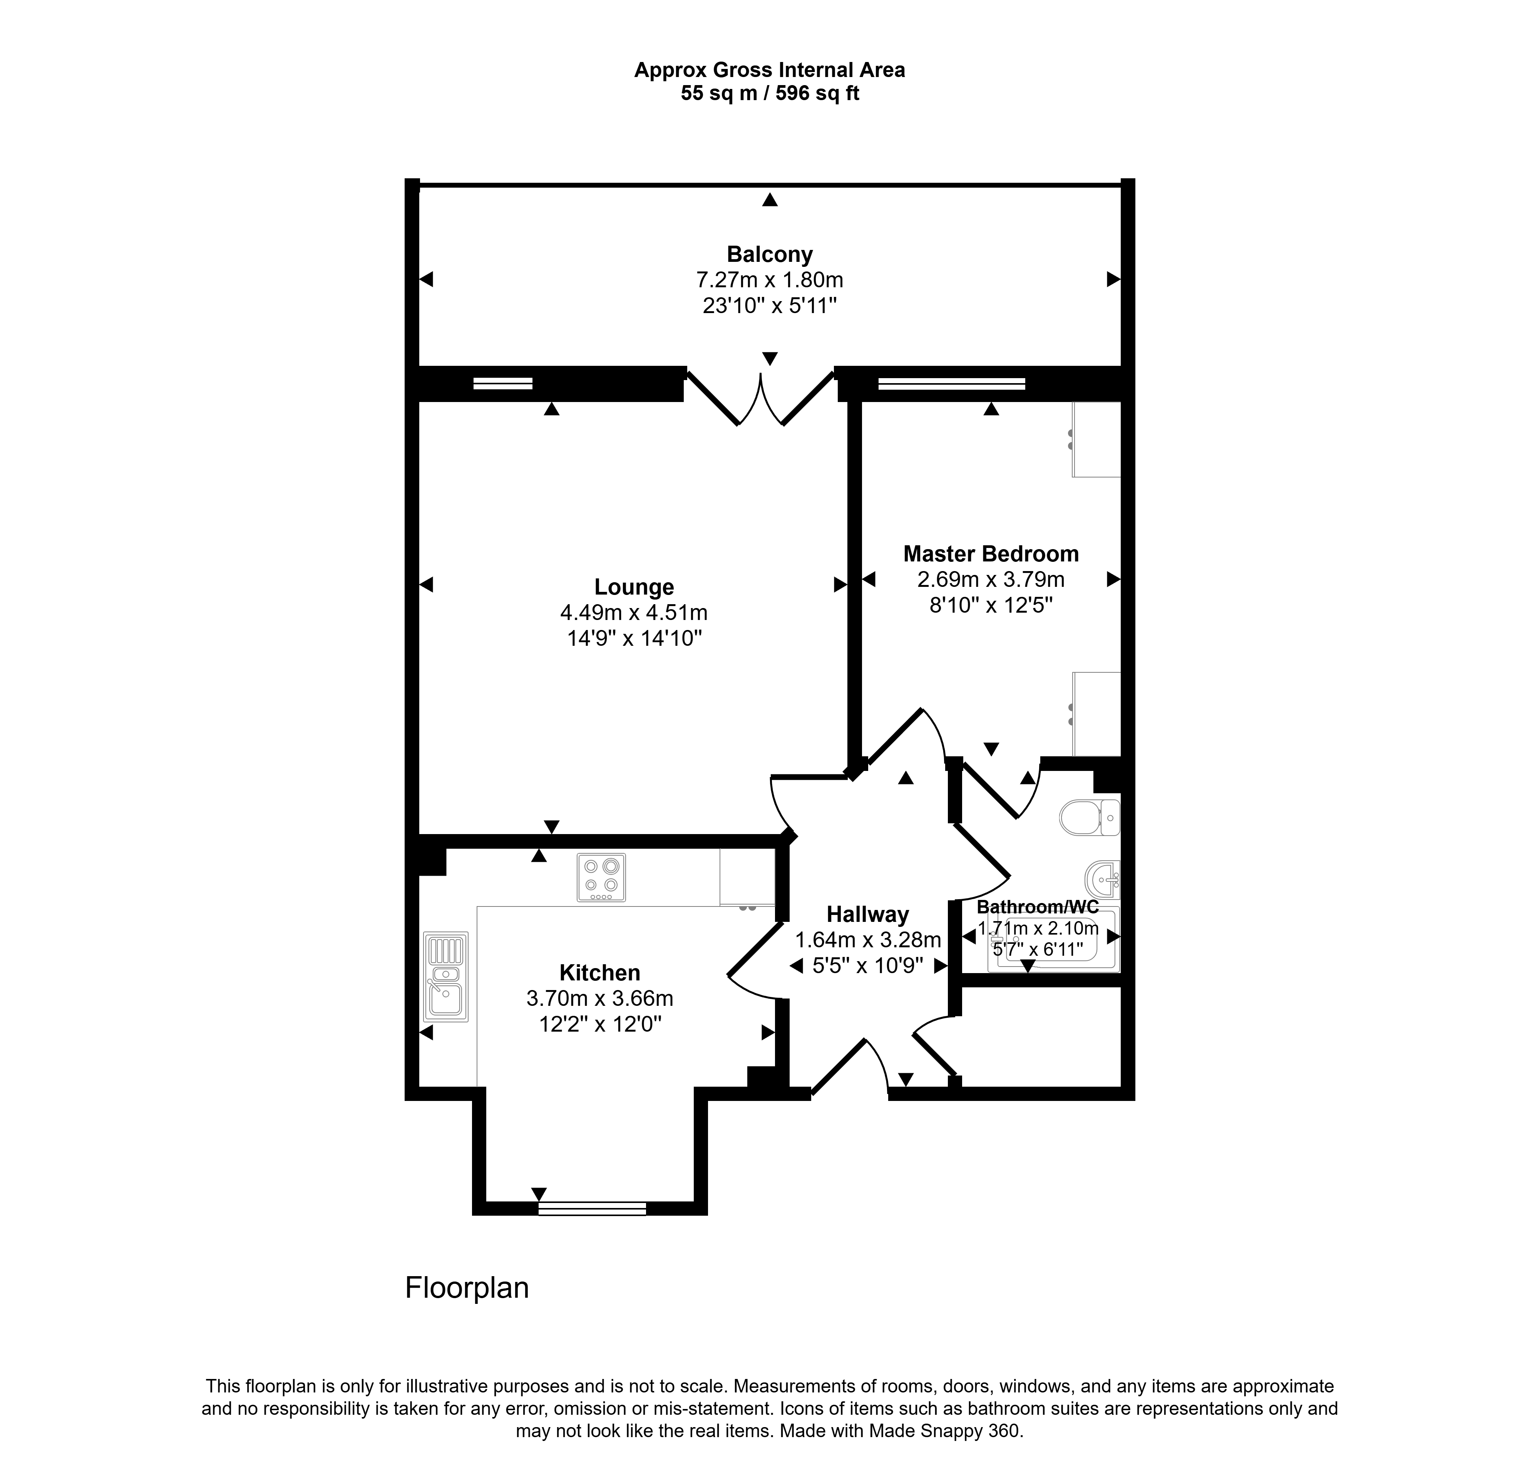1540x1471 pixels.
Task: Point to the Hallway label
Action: pos(867,914)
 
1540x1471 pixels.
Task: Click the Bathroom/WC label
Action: pos(1038,906)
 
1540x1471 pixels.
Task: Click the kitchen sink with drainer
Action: pos(445,976)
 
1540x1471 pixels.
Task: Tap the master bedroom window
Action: pos(951,384)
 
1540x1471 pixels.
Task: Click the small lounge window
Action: pos(502,384)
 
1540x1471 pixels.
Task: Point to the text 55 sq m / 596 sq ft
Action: pos(769,93)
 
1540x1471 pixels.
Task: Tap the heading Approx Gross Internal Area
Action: pos(769,70)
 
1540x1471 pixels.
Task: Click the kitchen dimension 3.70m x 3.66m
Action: pos(600,998)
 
